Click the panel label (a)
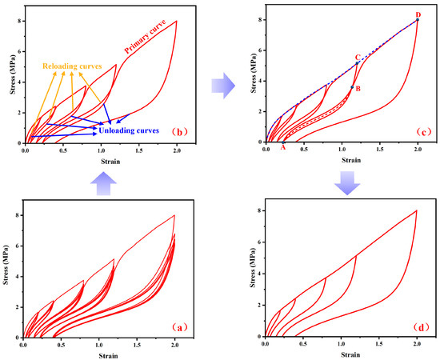[x=178, y=326]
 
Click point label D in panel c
[x=418, y=14]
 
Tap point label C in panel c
[x=358, y=57]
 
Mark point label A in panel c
[x=282, y=136]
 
